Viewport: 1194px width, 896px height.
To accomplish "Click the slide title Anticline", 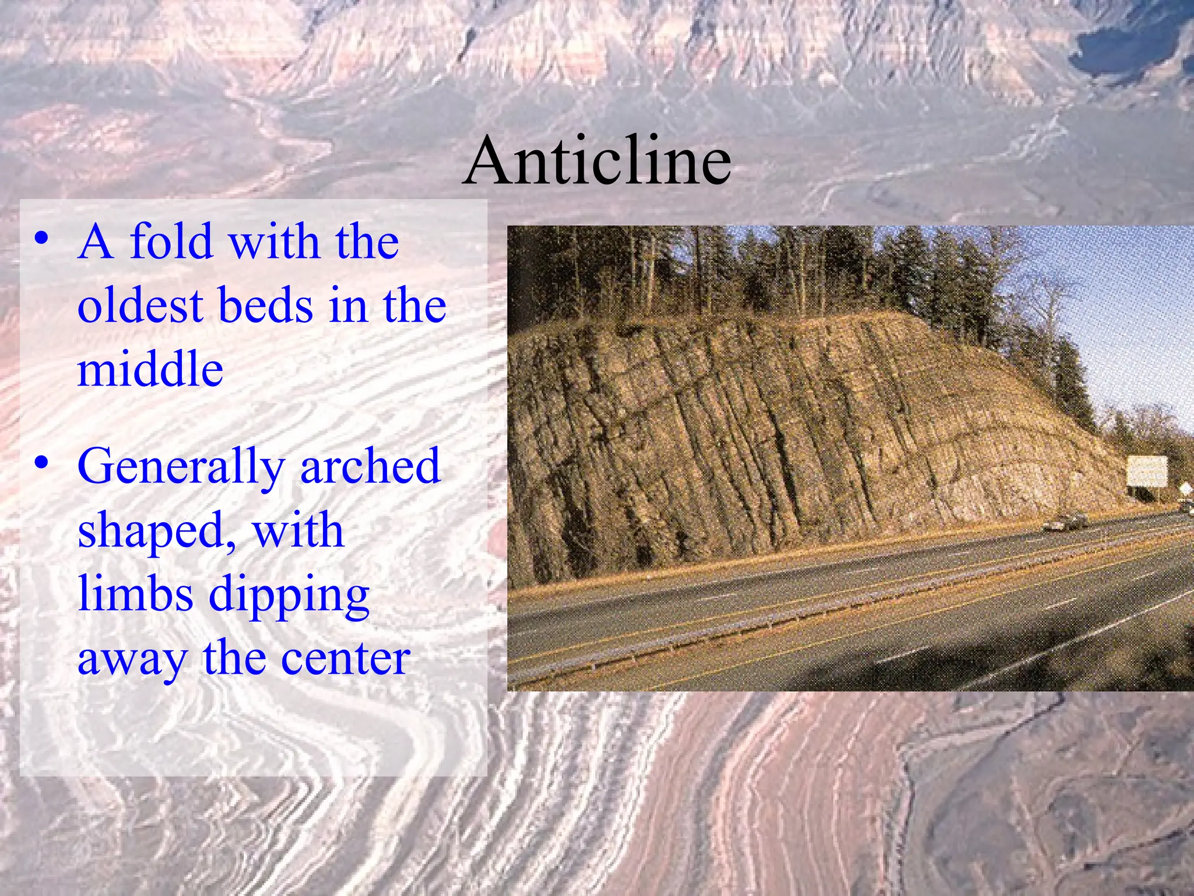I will point(597,160).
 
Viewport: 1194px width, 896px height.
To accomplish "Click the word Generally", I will point(181,467).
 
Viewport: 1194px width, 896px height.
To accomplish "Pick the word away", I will point(132,659).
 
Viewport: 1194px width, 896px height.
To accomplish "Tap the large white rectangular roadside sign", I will point(1147,471).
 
